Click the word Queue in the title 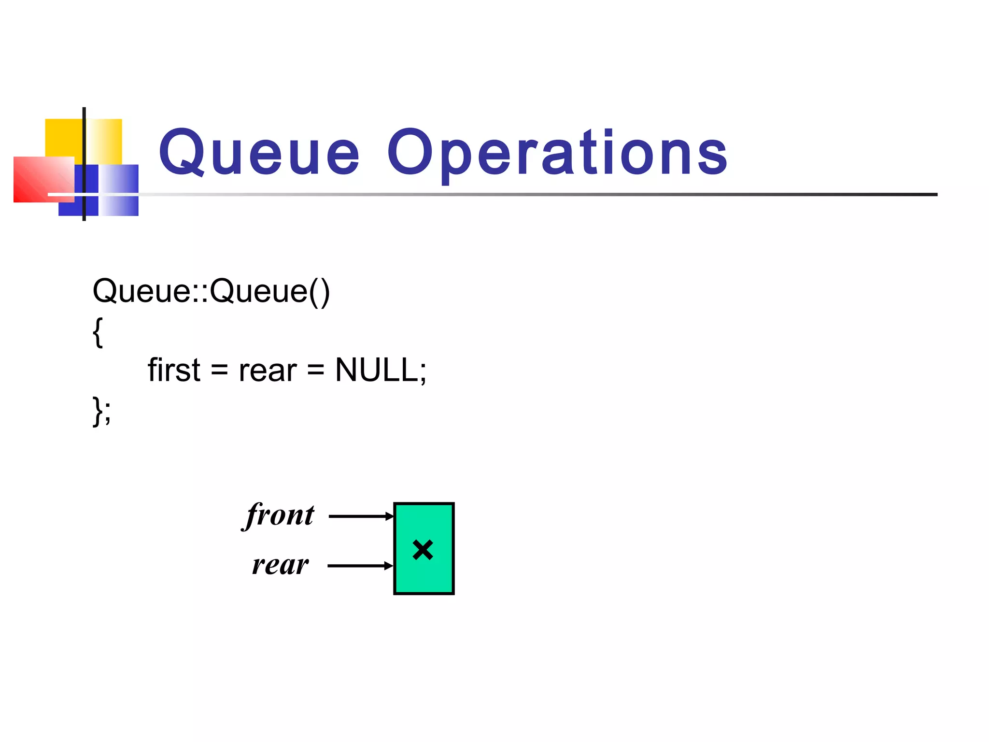click(x=259, y=153)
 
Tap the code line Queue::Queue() click(x=211, y=291)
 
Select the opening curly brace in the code click(x=98, y=332)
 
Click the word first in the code click(x=174, y=371)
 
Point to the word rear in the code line click(x=268, y=371)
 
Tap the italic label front click(x=280, y=515)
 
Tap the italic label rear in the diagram click(x=280, y=565)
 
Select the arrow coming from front click(x=361, y=516)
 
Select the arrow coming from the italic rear click(x=360, y=566)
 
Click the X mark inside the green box click(x=423, y=550)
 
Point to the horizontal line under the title click(x=531, y=194)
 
